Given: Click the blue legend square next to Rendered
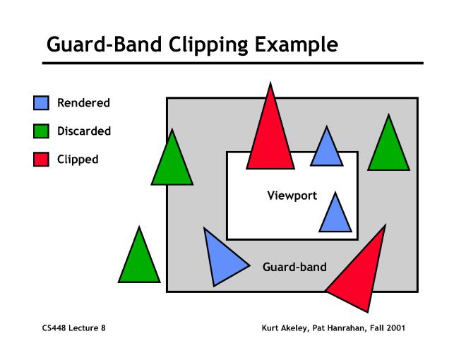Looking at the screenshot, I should click(x=41, y=103).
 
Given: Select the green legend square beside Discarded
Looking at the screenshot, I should click(x=41, y=131).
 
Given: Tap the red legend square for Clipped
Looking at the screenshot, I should click(x=41, y=160).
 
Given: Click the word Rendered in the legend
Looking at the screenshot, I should click(x=83, y=103).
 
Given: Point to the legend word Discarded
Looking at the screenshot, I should click(x=84, y=131).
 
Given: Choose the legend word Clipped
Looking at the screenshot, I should click(x=78, y=160).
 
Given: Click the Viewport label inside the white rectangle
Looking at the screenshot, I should click(x=292, y=196).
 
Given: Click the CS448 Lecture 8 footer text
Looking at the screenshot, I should click(x=73, y=328).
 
